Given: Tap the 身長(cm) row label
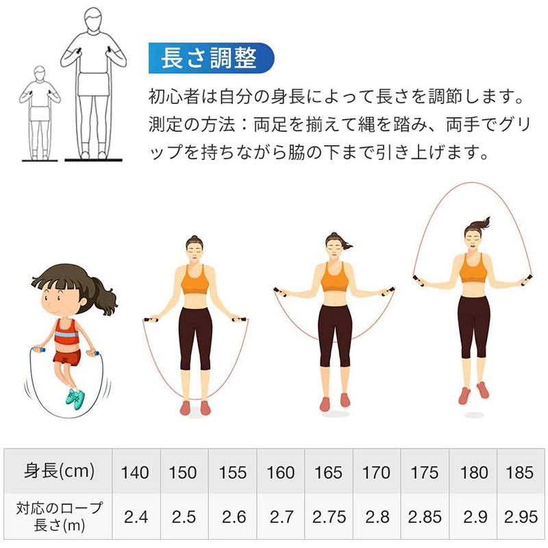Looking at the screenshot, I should (x=59, y=471).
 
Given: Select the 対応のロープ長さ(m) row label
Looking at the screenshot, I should (x=59, y=516).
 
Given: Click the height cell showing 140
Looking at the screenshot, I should (x=135, y=472).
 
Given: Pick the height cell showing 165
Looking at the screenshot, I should (x=328, y=472).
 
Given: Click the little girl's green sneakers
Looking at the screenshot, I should (x=75, y=397).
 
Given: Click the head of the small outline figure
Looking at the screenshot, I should (x=40, y=72).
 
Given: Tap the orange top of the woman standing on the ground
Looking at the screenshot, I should (x=195, y=279).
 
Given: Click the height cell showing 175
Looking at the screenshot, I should (x=425, y=472).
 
